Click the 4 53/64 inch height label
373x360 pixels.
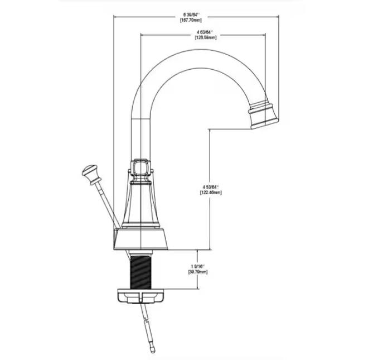(210, 186)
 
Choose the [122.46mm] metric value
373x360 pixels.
(210, 193)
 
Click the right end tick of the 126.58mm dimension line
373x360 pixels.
(264, 35)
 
